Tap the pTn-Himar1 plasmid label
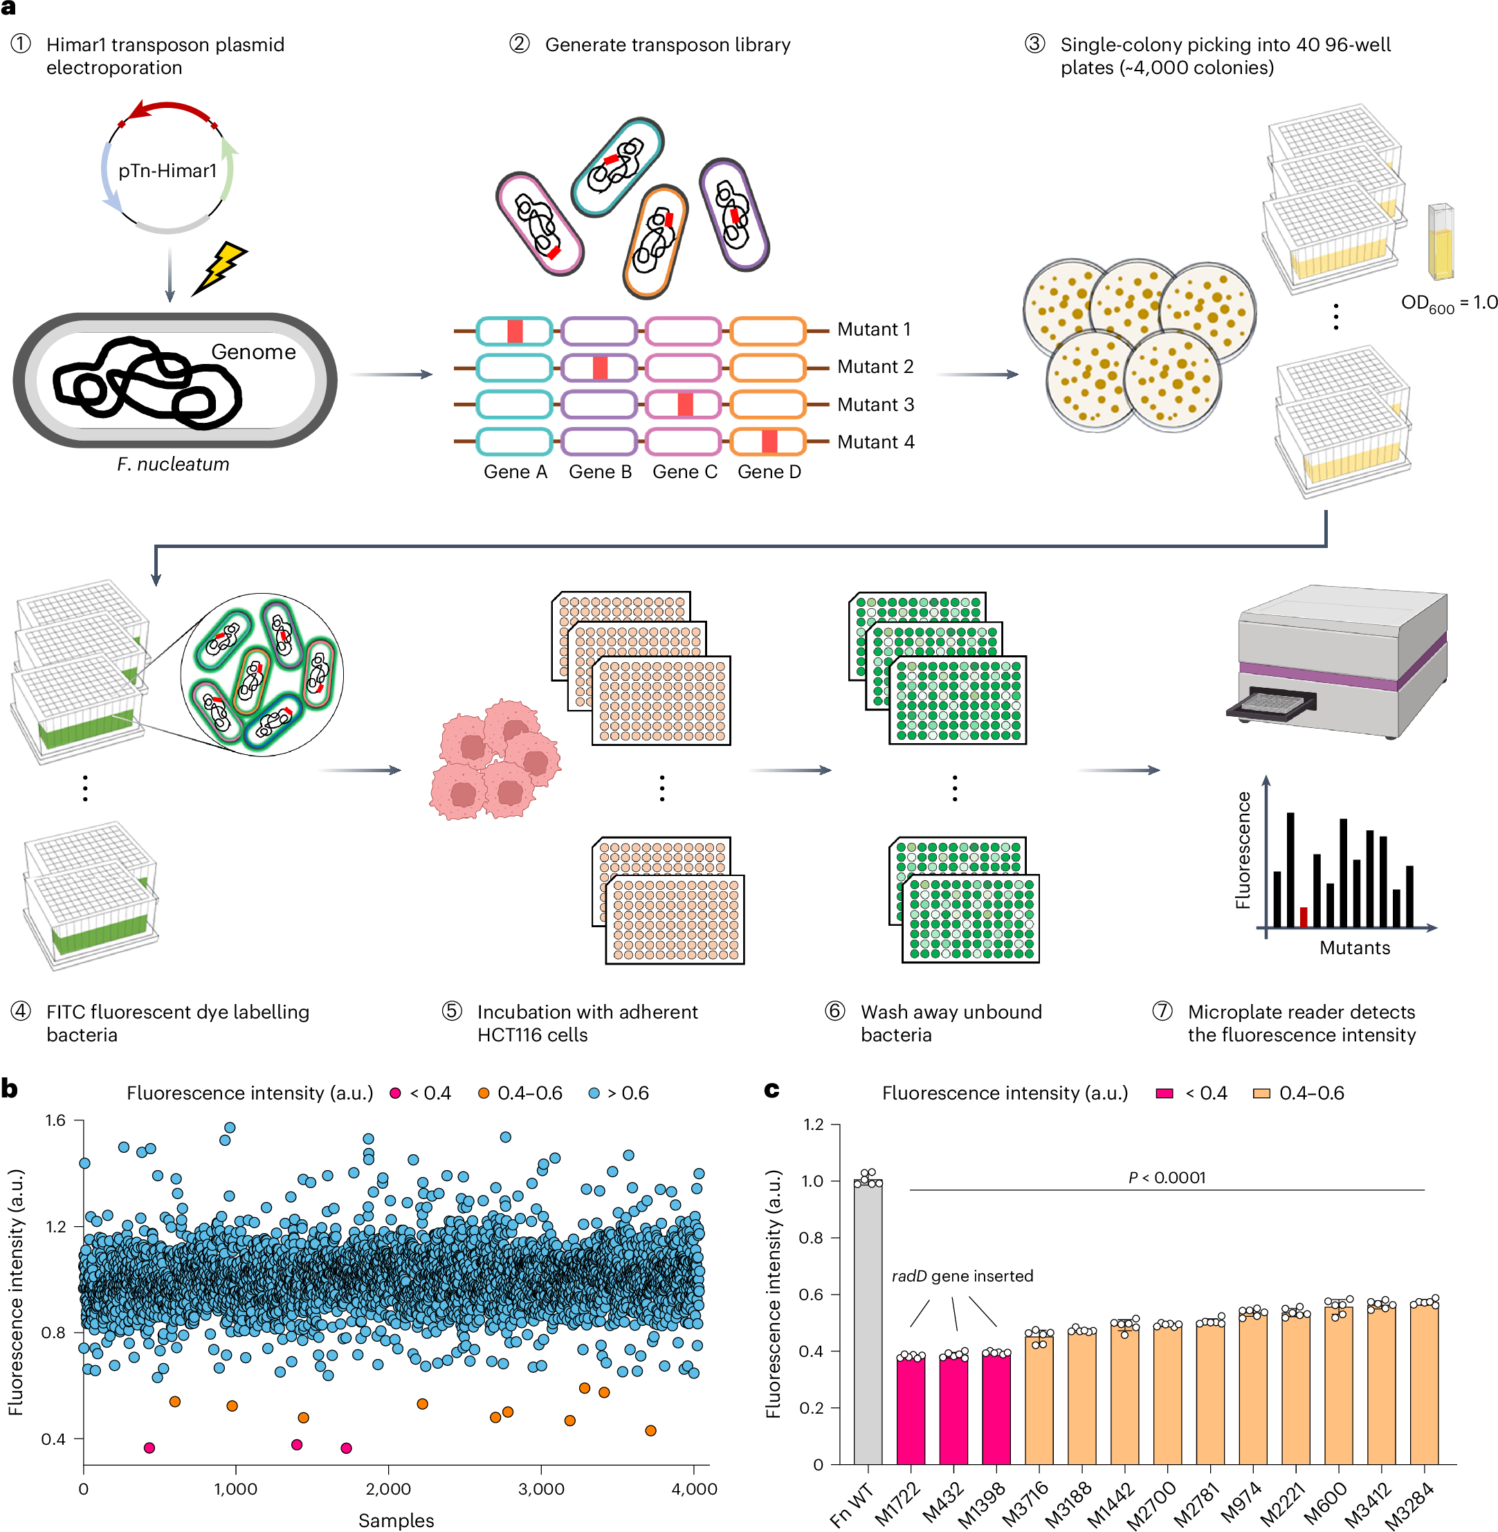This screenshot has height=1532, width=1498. pyautogui.click(x=167, y=171)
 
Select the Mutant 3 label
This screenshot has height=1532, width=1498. pyautogui.click(x=875, y=404)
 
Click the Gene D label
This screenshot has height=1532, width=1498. pyautogui.click(x=769, y=471)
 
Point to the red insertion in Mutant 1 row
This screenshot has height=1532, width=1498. pyautogui.click(x=515, y=331)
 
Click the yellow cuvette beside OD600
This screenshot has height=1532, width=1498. pyautogui.click(x=1440, y=241)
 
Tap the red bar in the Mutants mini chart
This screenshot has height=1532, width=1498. pyautogui.click(x=1303, y=917)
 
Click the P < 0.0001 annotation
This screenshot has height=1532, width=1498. pyautogui.click(x=1166, y=1177)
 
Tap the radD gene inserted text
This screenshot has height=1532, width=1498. pyautogui.click(x=962, y=1276)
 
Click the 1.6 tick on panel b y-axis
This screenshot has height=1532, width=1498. pyautogui.click(x=55, y=1120)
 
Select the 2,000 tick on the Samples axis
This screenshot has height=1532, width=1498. pyautogui.click(x=388, y=1488)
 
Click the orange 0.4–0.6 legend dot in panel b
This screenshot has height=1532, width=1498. pyautogui.click(x=484, y=1093)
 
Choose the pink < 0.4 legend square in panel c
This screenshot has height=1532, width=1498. pyautogui.click(x=1164, y=1093)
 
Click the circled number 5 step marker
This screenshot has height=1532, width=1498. pyautogui.click(x=452, y=1011)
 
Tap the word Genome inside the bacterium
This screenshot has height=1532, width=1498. pyautogui.click(x=253, y=352)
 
